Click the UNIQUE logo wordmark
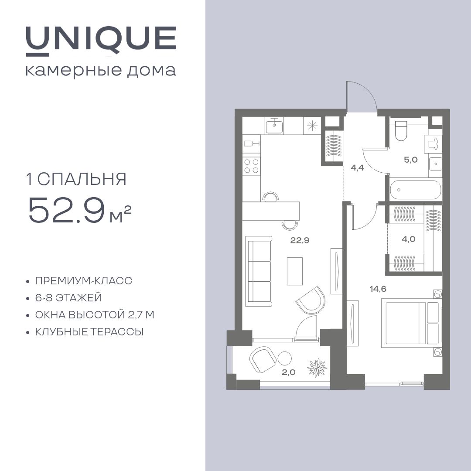pos(101,41)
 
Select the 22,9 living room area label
pos(300,240)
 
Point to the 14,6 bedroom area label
pos(378,289)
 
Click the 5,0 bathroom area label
pos(410,160)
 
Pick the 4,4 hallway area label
pos(357,167)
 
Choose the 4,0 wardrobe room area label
pos(409,239)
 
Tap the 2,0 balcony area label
pos(288,372)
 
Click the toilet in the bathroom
pos(401,131)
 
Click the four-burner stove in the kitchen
pos(252,166)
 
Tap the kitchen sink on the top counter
pos(274,126)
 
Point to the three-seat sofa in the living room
pos(259,271)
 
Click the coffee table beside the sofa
pos(295,271)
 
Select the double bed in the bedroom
pos(410,323)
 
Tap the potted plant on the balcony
pos(317,367)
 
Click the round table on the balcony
pos(284,358)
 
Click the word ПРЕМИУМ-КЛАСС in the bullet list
pos(83,281)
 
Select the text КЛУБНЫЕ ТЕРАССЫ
pos(89,332)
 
